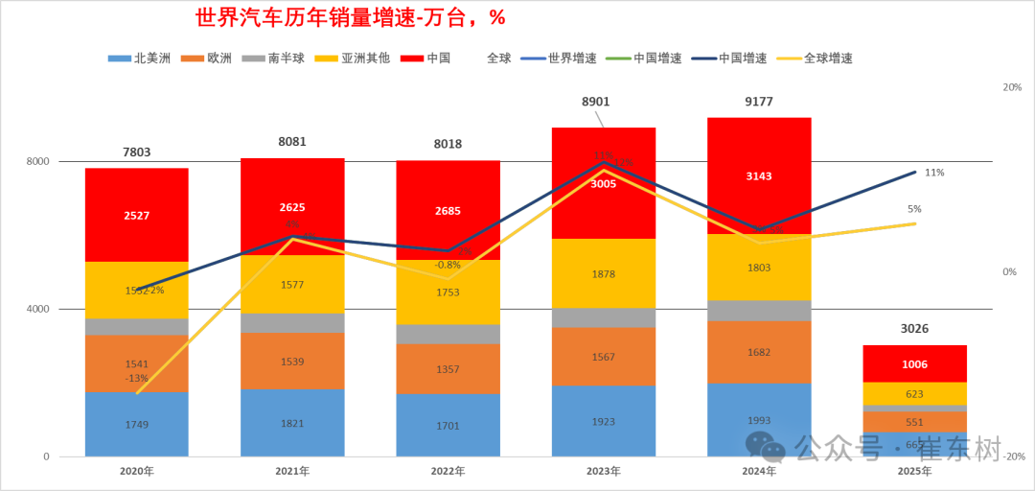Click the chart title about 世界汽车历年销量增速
(x=350, y=18)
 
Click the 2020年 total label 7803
(x=137, y=152)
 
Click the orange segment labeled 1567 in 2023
(x=604, y=357)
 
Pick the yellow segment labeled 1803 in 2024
(x=759, y=269)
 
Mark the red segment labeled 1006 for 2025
(x=914, y=364)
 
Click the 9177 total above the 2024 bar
(x=759, y=102)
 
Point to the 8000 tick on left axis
(x=37, y=162)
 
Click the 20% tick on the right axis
(x=1012, y=87)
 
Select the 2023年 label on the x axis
(x=603, y=472)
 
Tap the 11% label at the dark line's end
(x=934, y=173)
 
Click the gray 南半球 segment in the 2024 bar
(x=759, y=311)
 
